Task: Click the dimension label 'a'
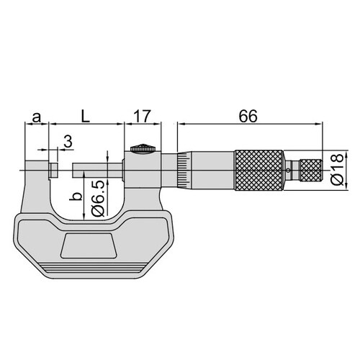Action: (36, 117)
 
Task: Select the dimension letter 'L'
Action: (85, 116)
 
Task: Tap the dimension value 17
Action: (143, 116)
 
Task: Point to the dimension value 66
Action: (248, 116)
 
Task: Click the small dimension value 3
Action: (68, 141)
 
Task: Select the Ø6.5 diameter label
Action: (98, 198)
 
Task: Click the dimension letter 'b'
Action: (76, 197)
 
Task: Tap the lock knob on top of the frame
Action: (143, 148)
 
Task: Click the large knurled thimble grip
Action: (259, 170)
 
